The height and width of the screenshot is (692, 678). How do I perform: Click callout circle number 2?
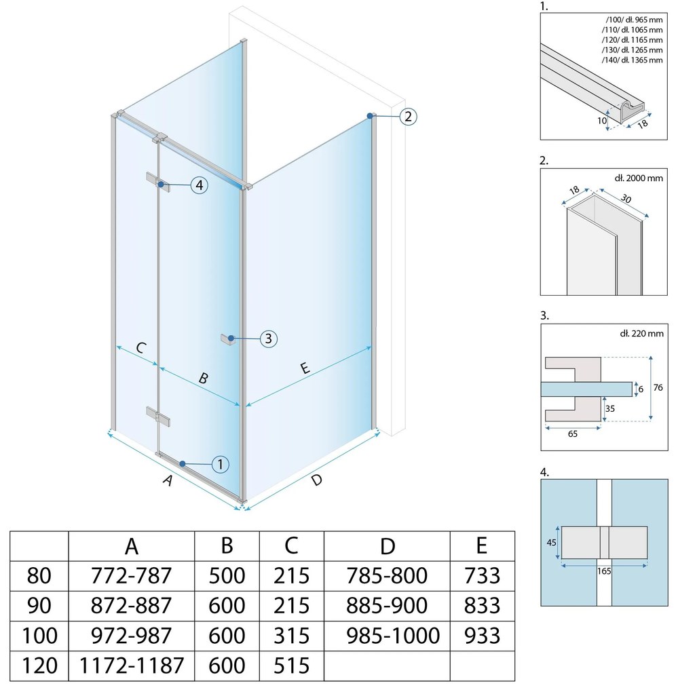click(408, 117)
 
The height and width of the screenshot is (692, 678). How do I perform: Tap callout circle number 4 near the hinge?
click(199, 185)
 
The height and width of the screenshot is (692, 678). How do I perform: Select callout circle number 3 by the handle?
click(268, 339)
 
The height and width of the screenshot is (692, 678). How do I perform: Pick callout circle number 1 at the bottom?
click(221, 464)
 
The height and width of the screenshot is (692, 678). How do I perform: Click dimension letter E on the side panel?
click(305, 368)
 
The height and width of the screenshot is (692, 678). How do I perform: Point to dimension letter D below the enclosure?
click(316, 480)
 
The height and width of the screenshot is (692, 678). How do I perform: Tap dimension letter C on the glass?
click(140, 348)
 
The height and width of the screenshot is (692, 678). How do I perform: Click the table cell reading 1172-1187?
click(132, 666)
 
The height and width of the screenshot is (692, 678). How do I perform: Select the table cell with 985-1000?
click(393, 636)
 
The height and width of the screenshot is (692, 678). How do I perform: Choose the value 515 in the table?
click(291, 666)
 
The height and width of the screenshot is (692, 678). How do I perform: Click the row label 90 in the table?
click(39, 605)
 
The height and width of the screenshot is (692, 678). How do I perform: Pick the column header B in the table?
click(227, 546)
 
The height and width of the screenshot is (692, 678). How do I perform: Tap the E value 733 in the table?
click(482, 575)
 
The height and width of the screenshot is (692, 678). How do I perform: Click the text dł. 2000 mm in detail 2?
click(638, 178)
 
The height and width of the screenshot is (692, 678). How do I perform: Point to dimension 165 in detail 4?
click(604, 571)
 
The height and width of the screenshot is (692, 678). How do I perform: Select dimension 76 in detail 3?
click(658, 387)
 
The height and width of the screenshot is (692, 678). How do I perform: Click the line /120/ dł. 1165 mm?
click(632, 40)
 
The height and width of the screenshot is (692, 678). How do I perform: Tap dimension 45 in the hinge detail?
click(551, 542)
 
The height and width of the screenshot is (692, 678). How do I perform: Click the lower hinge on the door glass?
click(158, 417)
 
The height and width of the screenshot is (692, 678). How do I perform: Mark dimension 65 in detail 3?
click(573, 434)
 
